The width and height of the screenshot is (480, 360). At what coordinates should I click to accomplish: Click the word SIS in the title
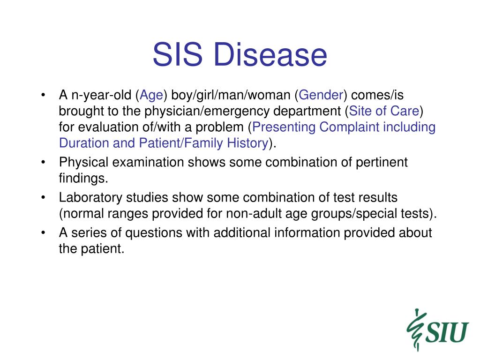tap(178, 54)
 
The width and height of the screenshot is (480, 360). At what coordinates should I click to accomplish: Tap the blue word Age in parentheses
tap(151, 96)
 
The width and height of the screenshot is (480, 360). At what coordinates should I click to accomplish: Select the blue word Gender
tap(321, 95)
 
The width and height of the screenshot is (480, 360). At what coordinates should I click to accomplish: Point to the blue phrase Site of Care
tap(384, 111)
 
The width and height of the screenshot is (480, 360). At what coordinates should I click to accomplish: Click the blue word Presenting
tap(284, 127)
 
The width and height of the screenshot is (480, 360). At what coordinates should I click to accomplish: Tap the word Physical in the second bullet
tap(83, 163)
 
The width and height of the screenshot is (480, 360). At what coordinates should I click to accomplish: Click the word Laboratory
tap(90, 198)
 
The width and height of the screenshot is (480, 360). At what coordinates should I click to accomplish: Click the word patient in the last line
tap(103, 248)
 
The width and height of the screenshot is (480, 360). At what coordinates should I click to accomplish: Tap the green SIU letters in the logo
tap(447, 332)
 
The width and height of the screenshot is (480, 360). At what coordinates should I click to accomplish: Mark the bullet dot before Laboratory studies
tap(43, 198)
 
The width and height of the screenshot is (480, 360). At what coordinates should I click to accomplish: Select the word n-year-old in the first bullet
tap(101, 96)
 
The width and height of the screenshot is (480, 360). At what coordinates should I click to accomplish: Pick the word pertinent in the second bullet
tap(382, 163)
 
